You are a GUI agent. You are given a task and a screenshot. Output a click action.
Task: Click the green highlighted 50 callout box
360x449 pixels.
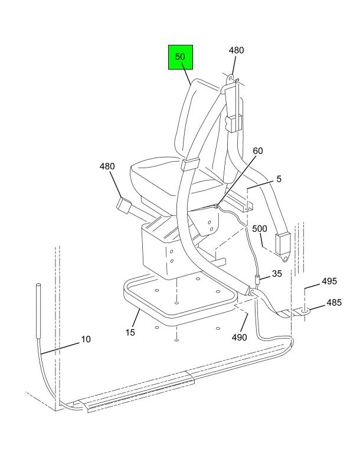tap(180, 57)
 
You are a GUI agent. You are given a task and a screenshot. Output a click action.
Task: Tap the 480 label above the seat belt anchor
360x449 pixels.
tap(236, 51)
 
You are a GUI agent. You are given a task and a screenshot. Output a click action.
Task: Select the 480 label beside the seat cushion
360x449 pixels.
tap(107, 166)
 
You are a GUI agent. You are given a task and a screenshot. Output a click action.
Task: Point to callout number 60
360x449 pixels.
tap(257, 151)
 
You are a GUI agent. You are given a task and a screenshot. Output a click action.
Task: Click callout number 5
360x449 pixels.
tap(279, 178)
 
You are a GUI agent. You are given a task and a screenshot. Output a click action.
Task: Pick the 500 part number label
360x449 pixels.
tap(260, 228)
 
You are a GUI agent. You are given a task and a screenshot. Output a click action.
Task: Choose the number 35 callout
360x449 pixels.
tap(276, 274)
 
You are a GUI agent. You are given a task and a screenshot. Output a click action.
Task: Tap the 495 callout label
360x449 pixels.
tap(329, 281)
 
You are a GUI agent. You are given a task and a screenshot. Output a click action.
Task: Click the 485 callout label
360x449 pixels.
tap(334, 303)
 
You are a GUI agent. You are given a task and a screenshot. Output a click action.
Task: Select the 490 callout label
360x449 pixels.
tap(240, 337)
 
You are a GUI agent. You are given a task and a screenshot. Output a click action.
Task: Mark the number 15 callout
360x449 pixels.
tap(130, 333)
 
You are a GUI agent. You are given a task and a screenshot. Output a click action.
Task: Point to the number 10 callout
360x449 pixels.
tap(86, 339)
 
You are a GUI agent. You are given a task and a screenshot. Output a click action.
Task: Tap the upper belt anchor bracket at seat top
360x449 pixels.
tap(230, 83)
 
